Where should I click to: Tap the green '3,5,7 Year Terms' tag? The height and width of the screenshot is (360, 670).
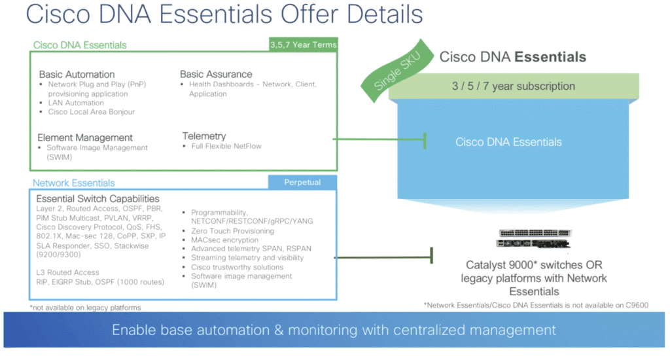pyautogui.click(x=303, y=45)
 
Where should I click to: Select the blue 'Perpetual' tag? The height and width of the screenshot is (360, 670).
pyautogui.click(x=302, y=182)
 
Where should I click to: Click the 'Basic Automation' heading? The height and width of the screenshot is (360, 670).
pyautogui.click(x=77, y=75)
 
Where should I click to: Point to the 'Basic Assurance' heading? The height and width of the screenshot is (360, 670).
pyautogui.click(x=216, y=74)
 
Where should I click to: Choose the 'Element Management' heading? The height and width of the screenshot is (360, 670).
pyautogui.click(x=85, y=137)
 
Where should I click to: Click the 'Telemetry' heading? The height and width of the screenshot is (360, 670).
pyautogui.click(x=204, y=135)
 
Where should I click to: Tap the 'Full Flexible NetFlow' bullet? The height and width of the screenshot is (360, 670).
pyautogui.click(x=226, y=146)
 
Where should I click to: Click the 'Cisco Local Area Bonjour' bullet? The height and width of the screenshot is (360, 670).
pyautogui.click(x=92, y=112)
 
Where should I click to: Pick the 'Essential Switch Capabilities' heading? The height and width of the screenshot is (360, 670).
pyautogui.click(x=97, y=199)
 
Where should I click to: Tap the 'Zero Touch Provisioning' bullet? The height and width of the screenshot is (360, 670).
pyautogui.click(x=232, y=231)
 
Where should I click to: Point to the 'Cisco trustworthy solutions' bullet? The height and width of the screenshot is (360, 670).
pyautogui.click(x=237, y=267)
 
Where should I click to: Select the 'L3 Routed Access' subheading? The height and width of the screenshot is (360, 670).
pyautogui.click(x=68, y=272)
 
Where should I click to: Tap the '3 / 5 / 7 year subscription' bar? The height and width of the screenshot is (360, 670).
pyautogui.click(x=514, y=86)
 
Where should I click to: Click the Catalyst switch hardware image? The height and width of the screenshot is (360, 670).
pyautogui.click(x=535, y=240)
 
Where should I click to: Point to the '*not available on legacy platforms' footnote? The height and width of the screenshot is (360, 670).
pyautogui.click(x=85, y=308)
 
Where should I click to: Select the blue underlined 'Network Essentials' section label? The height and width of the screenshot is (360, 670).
pyautogui.click(x=74, y=183)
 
